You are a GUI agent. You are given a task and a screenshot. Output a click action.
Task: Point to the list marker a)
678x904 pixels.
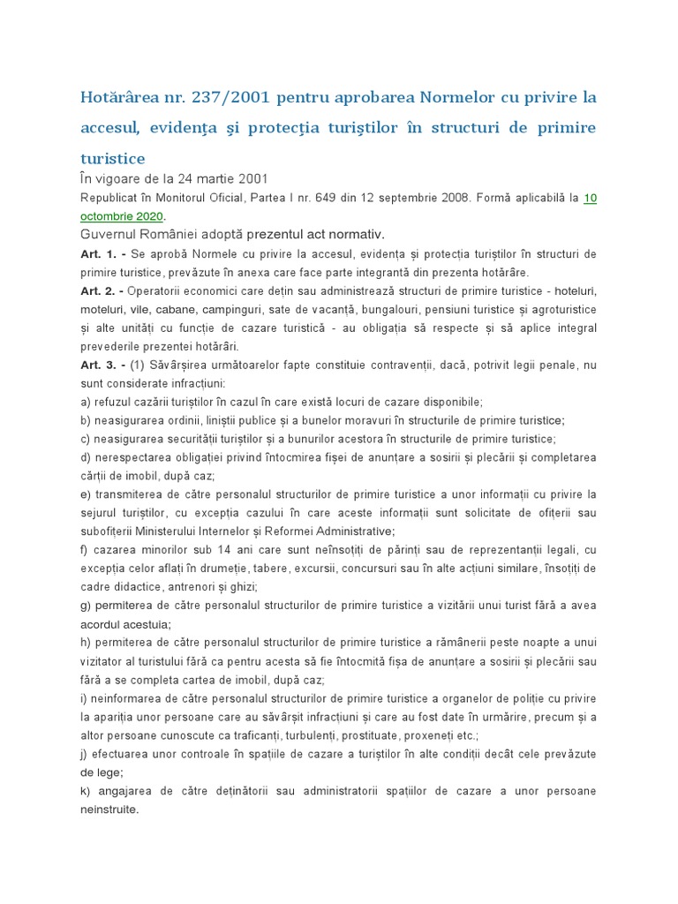pos(86,402)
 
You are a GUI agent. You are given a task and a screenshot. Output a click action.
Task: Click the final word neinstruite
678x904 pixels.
pos(109,809)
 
